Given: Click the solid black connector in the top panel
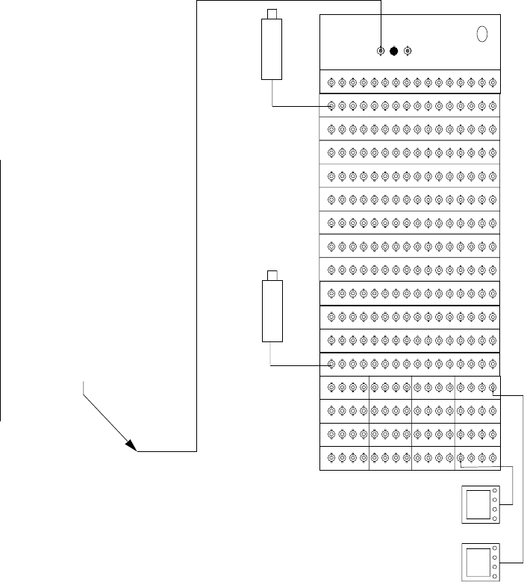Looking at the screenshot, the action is click(394, 52).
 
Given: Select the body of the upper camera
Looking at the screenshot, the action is click(271, 49).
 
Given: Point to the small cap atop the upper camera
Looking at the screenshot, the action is click(272, 13).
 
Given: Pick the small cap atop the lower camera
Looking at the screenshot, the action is click(272, 274).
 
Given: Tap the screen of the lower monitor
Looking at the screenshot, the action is click(477, 561).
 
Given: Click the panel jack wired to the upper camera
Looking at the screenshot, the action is click(331, 106).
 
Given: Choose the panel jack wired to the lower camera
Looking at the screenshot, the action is click(331, 365).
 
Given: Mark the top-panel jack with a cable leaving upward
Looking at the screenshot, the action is click(381, 52).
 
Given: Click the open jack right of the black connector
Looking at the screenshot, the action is click(407, 52).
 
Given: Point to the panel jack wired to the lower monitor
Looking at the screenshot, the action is click(493, 387).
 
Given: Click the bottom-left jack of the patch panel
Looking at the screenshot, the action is click(331, 457).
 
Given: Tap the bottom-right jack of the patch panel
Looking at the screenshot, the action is click(493, 457).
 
